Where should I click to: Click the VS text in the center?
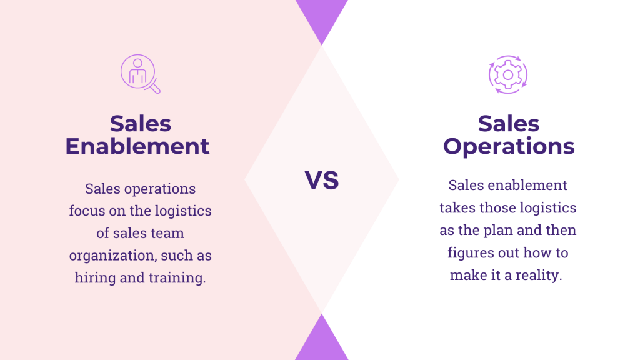322,180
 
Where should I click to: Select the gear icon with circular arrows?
507,74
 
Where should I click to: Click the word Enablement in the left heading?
137,146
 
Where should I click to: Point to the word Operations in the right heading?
509,146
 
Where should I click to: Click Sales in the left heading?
141,123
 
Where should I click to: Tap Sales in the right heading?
509,123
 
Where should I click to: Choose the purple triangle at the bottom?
321,341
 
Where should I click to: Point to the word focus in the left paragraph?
87,211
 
